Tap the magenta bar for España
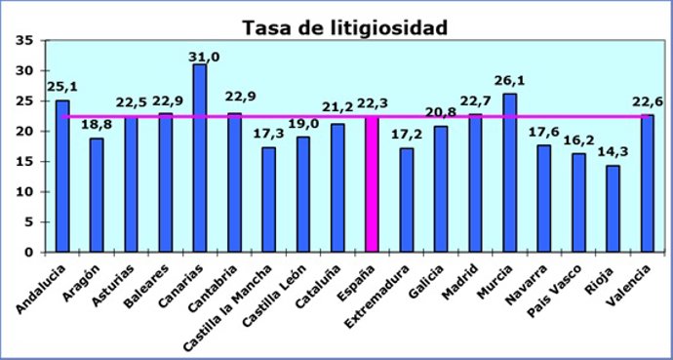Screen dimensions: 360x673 372,184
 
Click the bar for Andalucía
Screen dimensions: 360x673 62,176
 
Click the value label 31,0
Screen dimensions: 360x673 200,55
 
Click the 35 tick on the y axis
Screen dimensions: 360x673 24,41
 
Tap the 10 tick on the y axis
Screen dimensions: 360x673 24,191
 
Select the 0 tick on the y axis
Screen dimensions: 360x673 28,252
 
